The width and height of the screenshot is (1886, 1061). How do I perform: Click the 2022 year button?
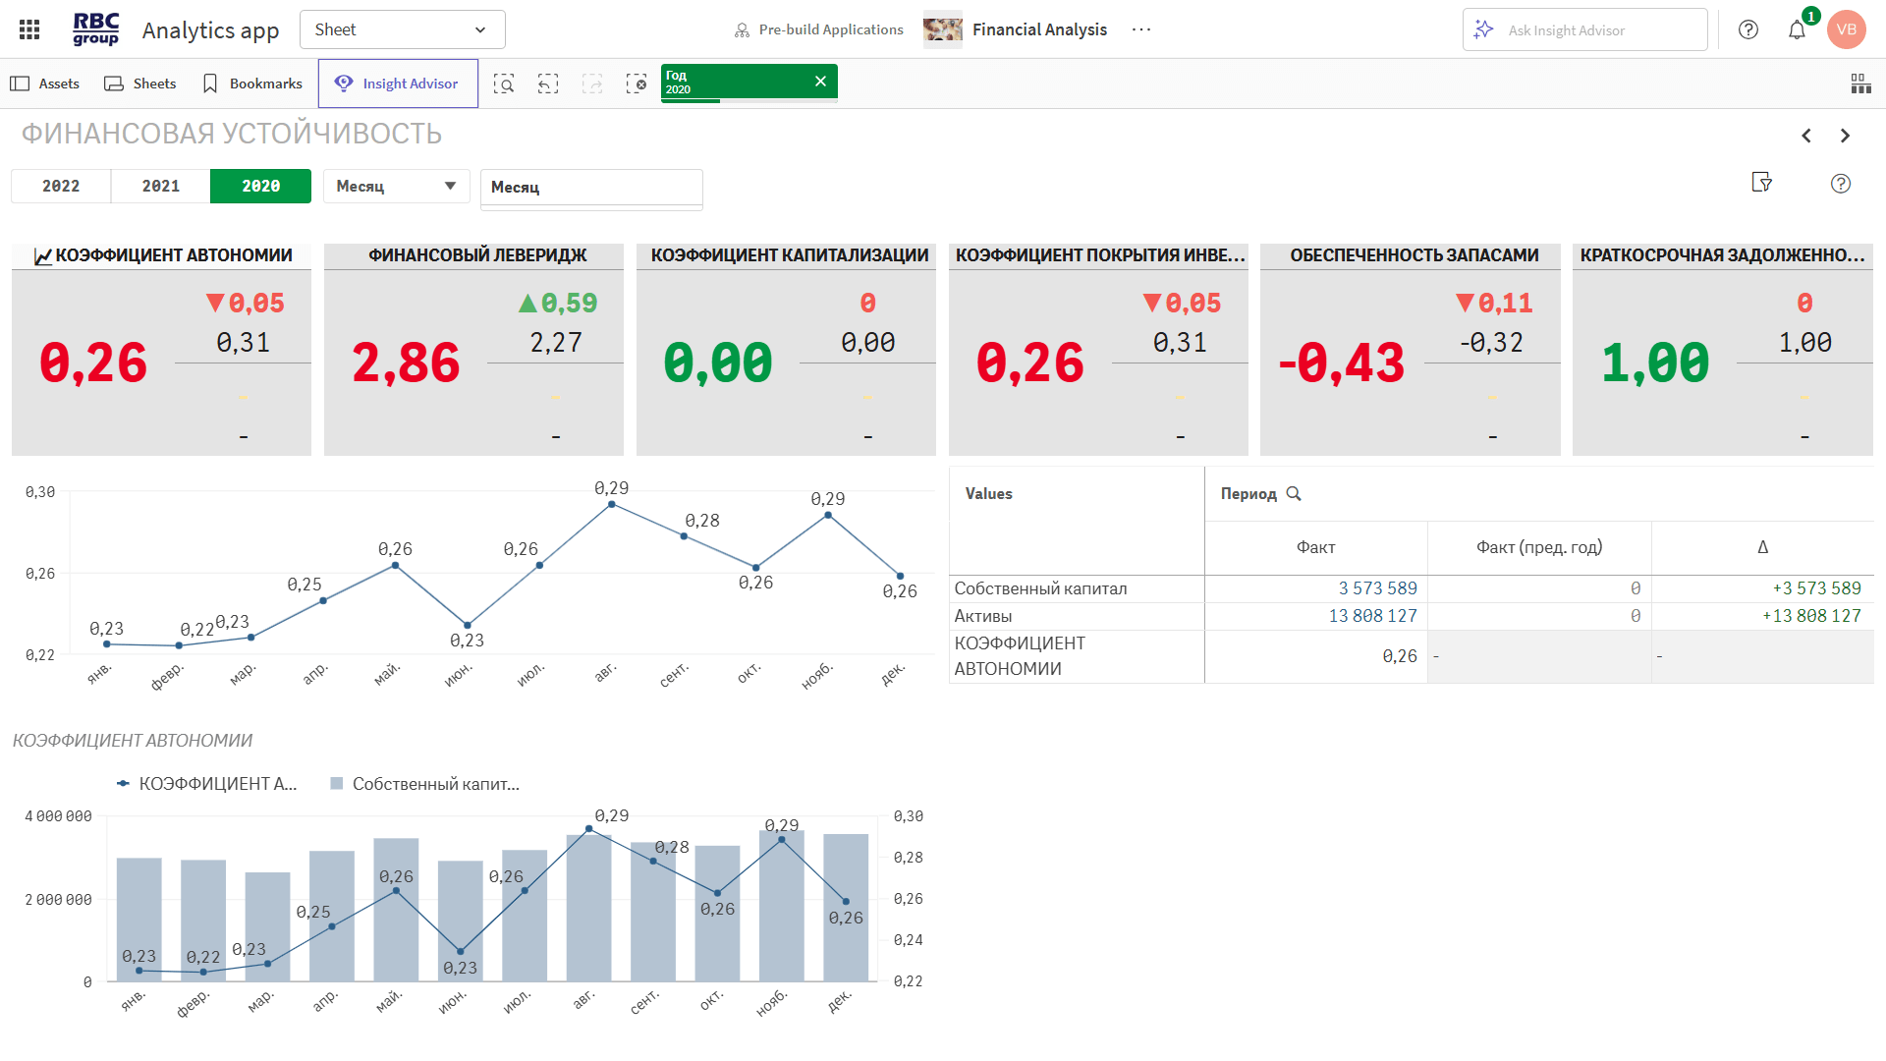coord(61,187)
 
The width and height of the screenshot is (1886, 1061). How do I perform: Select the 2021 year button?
coord(161,187)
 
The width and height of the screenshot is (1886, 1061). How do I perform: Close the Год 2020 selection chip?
coord(820,82)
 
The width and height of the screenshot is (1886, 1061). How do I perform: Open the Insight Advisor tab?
coord(398,84)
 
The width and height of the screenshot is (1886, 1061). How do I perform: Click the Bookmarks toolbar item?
coord(252,84)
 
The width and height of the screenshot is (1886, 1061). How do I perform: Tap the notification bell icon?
coord(1797,30)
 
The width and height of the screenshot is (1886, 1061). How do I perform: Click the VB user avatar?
coord(1846,29)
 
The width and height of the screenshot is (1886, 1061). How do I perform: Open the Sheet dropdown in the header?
coord(402,29)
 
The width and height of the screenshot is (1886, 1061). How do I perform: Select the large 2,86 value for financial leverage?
coord(406,363)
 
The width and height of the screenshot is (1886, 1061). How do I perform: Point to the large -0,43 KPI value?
coord(1341,363)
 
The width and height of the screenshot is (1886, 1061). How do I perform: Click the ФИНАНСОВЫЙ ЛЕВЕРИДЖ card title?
coord(477,255)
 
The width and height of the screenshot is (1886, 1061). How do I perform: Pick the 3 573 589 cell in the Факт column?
coord(1377,588)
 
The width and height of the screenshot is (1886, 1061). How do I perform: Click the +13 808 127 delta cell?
coord(1811,616)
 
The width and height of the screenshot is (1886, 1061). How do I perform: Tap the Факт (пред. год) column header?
coord(1538,547)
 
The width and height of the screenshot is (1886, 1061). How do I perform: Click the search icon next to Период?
coord(1294,494)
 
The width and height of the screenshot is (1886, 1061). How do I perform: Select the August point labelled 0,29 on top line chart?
coord(612,505)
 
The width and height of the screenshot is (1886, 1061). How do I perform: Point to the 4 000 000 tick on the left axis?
coord(59,816)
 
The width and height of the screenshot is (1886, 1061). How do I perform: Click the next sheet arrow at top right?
coord(1845,136)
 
